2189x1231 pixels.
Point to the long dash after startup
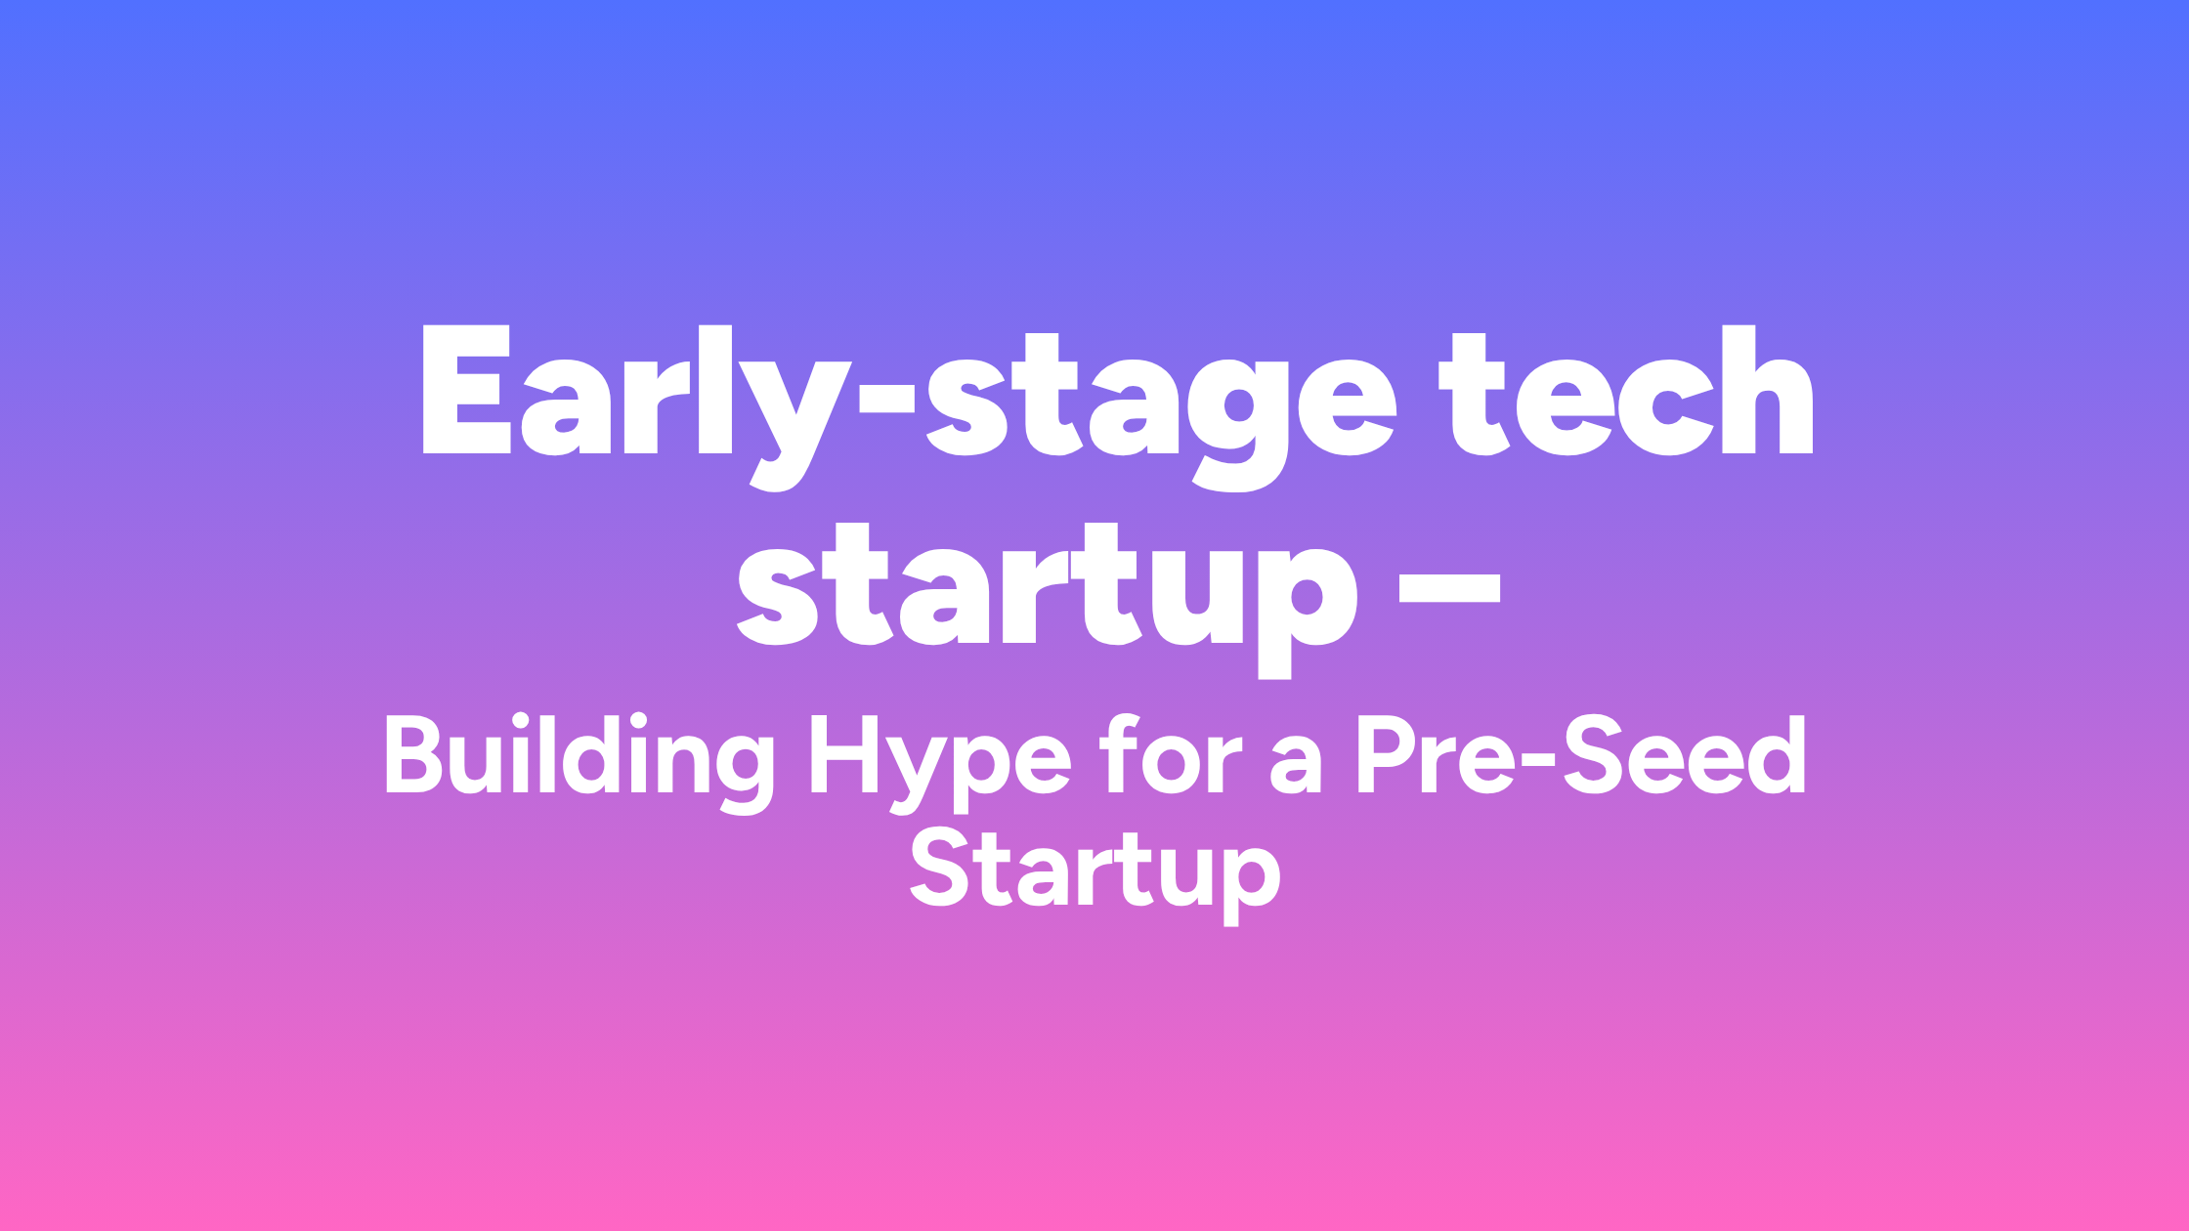[x=1449, y=590]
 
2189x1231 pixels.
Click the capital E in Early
[x=467, y=391]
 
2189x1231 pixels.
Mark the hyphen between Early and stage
[x=886, y=399]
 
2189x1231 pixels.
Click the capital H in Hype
[x=842, y=754]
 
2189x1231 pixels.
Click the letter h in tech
[x=1767, y=391]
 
